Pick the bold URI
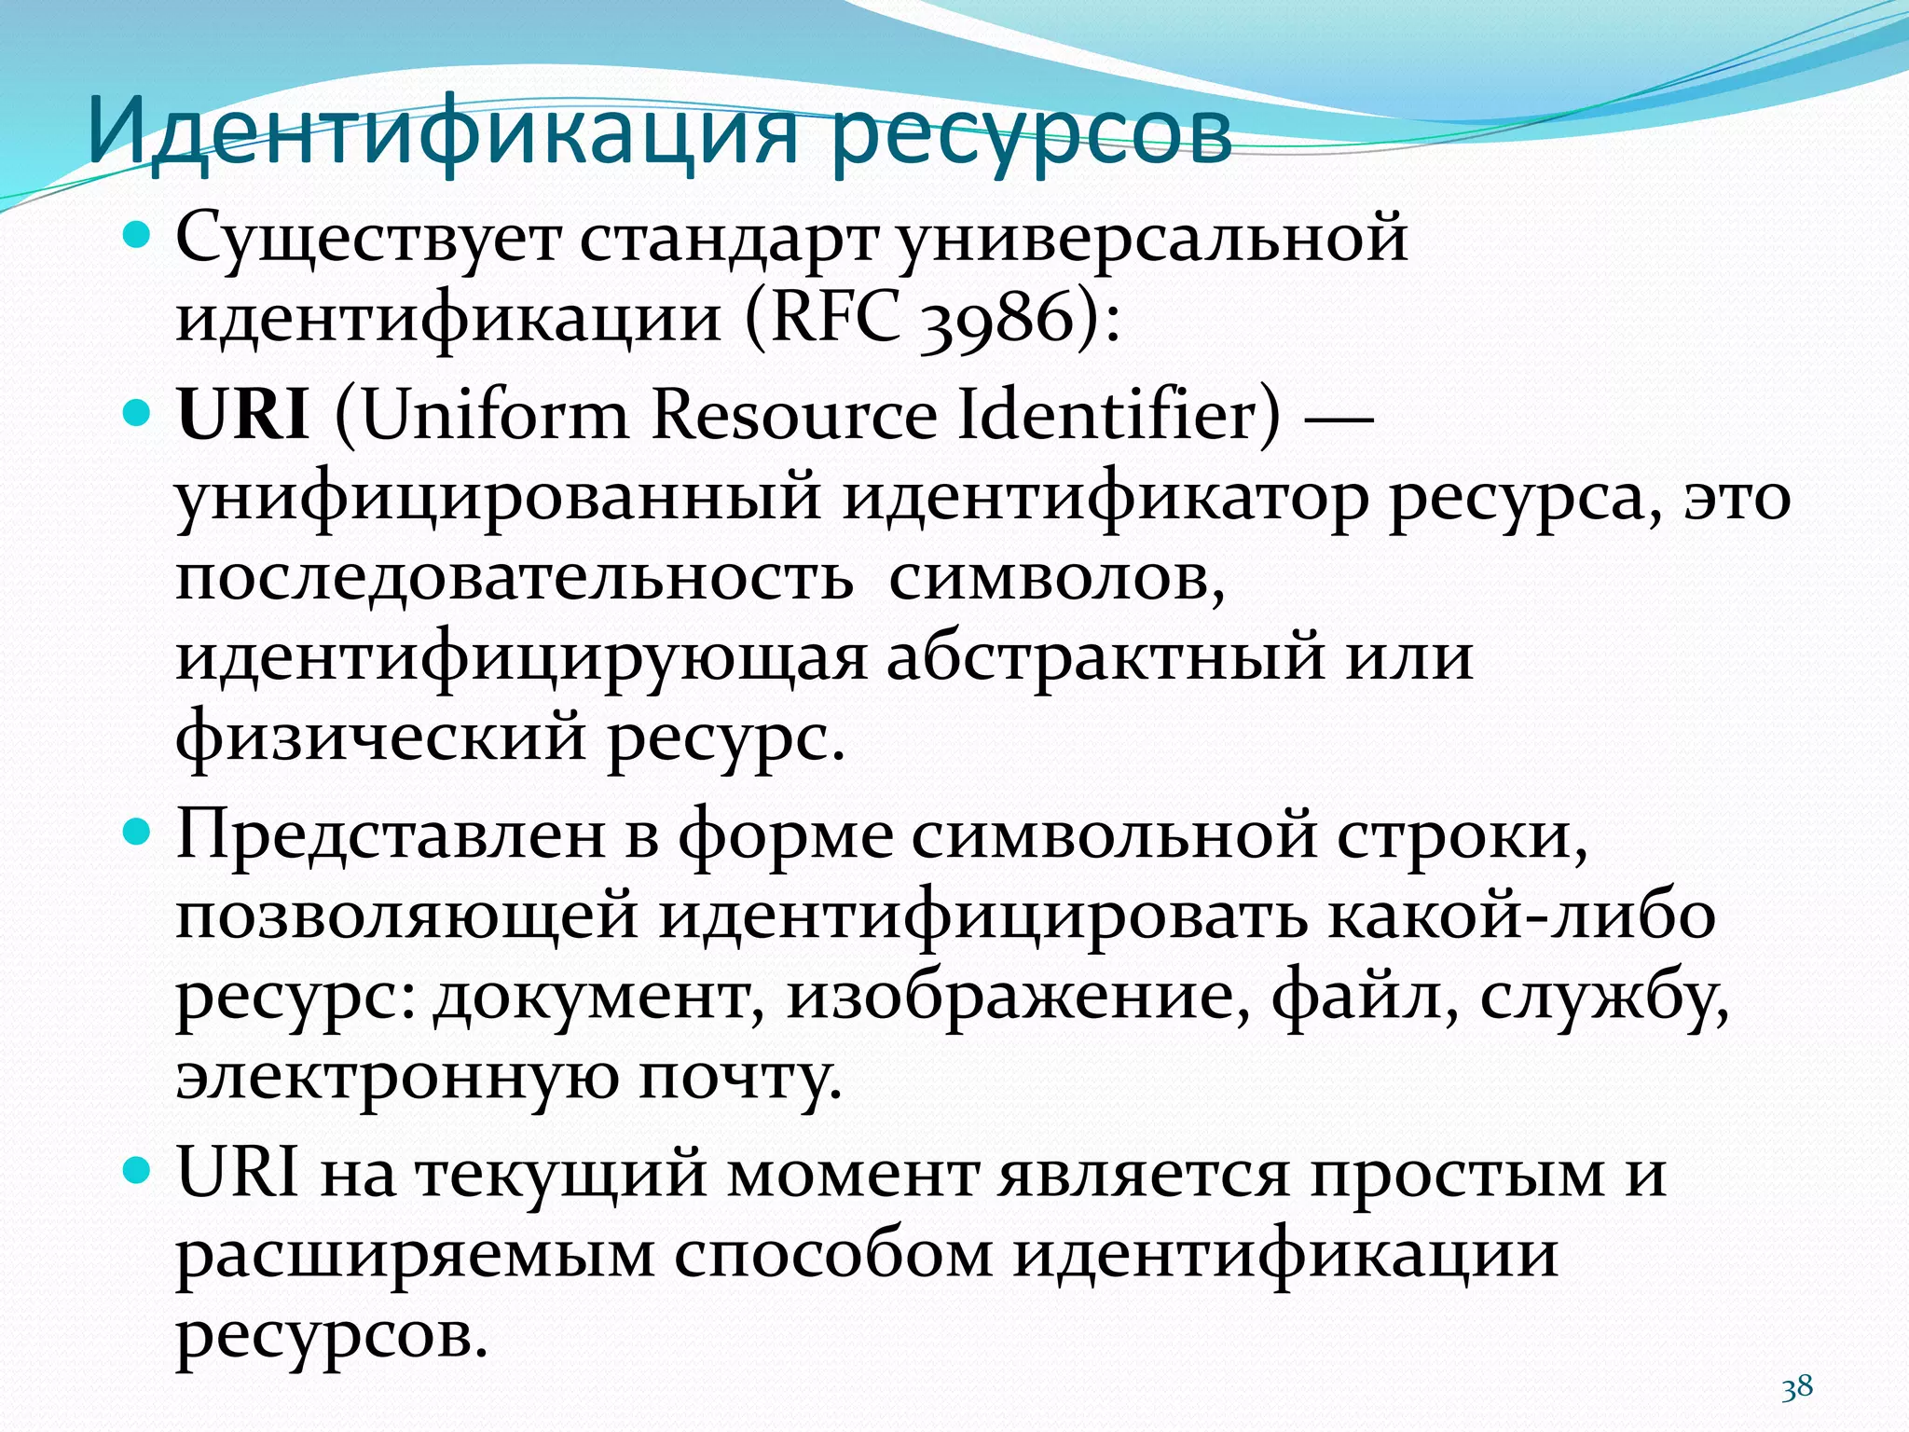pyautogui.click(x=243, y=414)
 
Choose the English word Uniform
pyautogui.click(x=495, y=414)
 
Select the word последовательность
pyautogui.click(x=514, y=578)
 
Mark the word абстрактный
pyautogui.click(x=1105, y=657)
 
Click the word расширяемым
pyautogui.click(x=416, y=1255)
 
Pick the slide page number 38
pyautogui.click(x=1797, y=1387)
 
